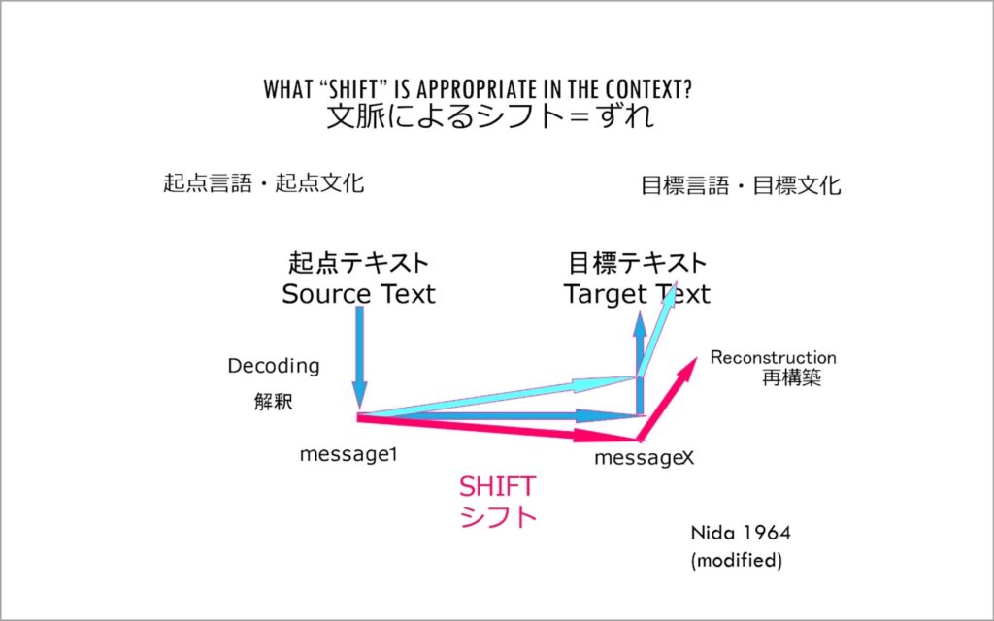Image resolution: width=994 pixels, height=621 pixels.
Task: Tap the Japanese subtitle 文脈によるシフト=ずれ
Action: tap(490, 116)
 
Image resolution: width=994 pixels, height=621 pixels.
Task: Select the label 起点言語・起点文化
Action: tap(264, 183)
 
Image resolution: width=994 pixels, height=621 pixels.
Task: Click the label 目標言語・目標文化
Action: tap(741, 185)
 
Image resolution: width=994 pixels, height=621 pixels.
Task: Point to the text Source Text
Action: tap(359, 294)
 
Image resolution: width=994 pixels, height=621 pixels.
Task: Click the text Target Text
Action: tap(637, 294)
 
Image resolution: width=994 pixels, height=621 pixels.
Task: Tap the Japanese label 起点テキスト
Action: tap(359, 262)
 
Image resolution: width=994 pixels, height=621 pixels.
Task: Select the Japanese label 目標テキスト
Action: tap(637, 262)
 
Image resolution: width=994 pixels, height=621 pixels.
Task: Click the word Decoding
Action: tap(273, 366)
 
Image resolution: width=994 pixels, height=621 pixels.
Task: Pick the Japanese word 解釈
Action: tap(273, 402)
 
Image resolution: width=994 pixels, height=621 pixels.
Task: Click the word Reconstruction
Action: tap(773, 357)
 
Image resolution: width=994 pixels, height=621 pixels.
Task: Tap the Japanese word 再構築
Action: tap(791, 377)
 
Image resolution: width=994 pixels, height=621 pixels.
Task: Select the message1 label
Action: tap(348, 454)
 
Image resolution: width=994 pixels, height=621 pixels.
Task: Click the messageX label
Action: tap(645, 458)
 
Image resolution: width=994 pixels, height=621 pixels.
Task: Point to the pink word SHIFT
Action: tap(497, 487)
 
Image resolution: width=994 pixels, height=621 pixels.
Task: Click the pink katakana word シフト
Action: tap(498, 516)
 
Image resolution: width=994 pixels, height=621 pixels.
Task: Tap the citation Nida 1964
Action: tap(741, 533)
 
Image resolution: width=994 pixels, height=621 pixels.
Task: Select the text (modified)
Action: tap(736, 560)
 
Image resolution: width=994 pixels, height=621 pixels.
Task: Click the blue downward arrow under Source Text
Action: tap(359, 357)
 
